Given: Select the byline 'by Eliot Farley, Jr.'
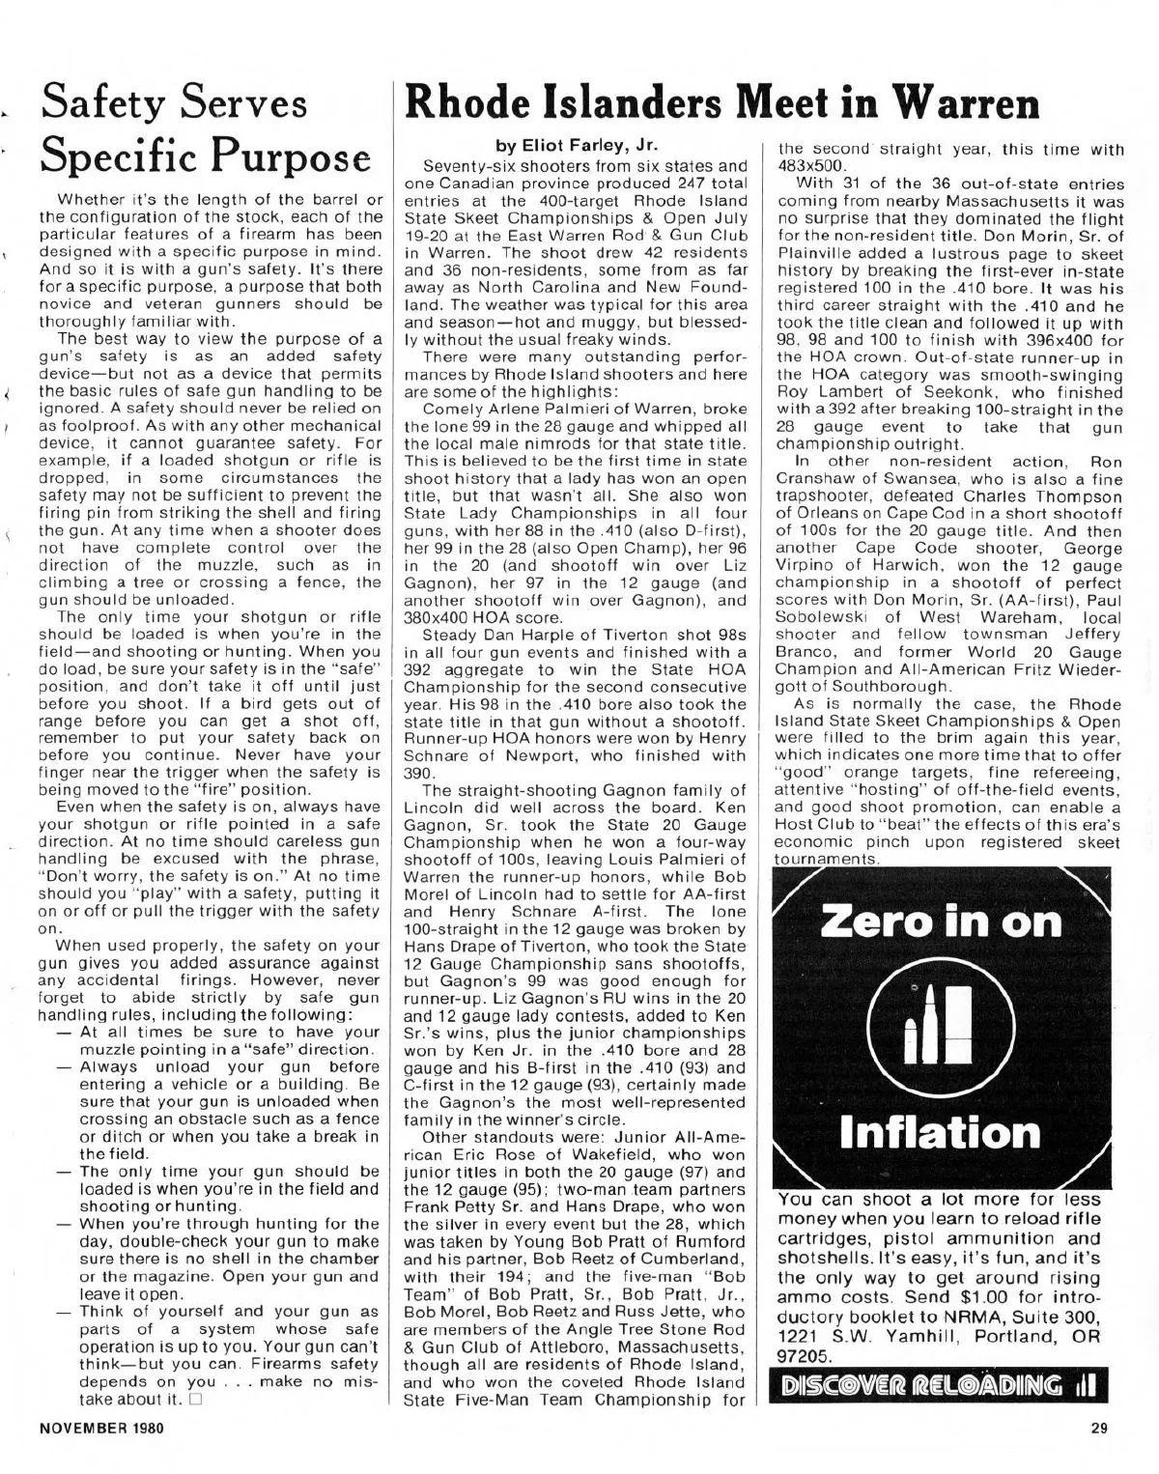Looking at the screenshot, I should [577, 147].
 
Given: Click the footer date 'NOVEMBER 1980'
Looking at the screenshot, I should [101, 1430].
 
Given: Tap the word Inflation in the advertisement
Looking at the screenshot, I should [941, 1132].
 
